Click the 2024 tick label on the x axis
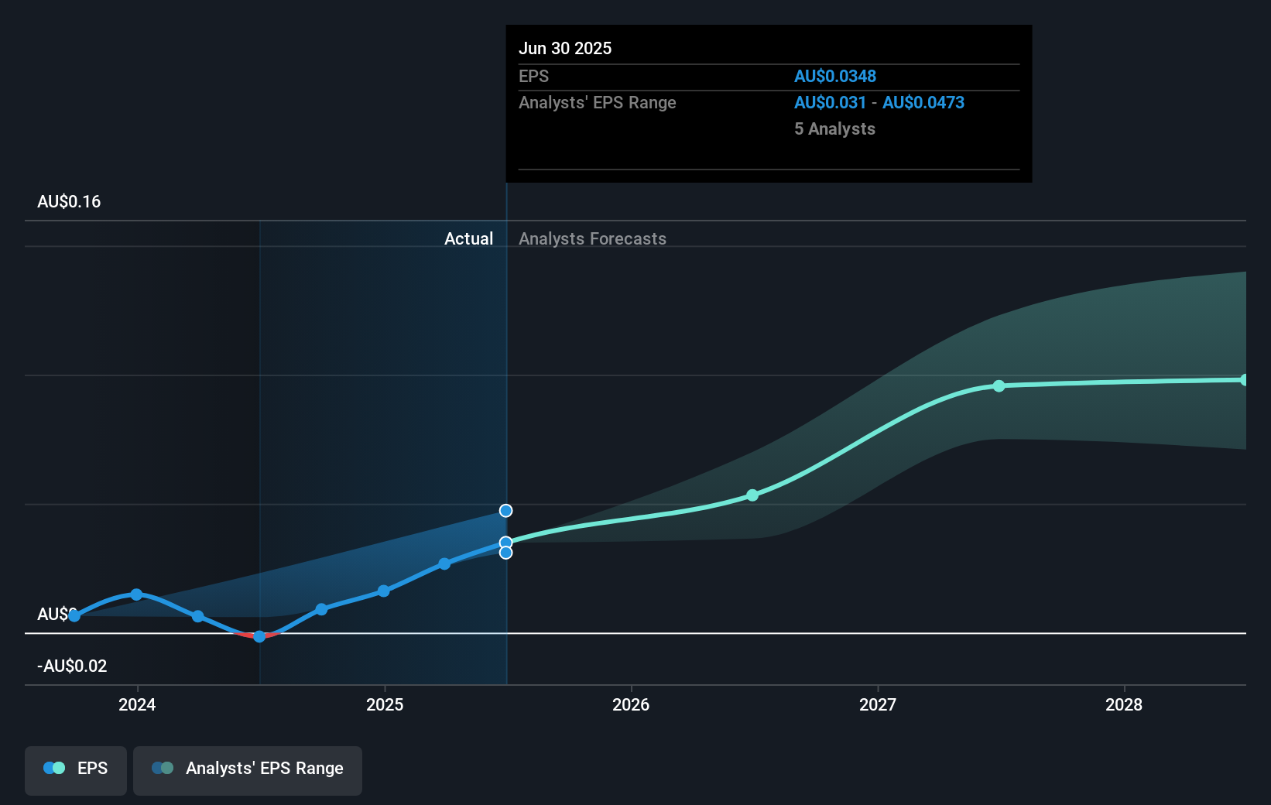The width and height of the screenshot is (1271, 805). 137,704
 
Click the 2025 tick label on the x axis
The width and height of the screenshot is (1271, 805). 385,704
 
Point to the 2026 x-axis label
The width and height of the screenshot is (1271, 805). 631,704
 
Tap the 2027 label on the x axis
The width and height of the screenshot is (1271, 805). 878,704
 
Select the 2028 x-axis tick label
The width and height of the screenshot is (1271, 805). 1124,704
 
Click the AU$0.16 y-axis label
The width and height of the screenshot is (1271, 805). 69,202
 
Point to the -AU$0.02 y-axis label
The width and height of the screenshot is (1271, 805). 72,666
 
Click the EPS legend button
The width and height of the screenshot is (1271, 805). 76,769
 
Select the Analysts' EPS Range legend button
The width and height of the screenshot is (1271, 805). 248,769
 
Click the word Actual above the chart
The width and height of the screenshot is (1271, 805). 468,239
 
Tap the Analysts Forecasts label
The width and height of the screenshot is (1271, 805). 592,239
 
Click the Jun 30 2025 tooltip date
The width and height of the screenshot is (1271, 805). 565,49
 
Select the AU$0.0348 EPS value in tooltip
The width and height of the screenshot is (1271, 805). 835,77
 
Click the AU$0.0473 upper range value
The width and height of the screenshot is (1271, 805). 923,103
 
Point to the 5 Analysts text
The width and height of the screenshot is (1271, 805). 834,129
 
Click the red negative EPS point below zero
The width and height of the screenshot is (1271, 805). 259,636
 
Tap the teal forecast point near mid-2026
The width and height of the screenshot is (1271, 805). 752,495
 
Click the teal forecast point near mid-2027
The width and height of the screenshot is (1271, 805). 999,385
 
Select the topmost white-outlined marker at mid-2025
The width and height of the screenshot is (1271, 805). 505,511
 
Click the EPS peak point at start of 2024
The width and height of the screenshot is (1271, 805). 136,594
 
